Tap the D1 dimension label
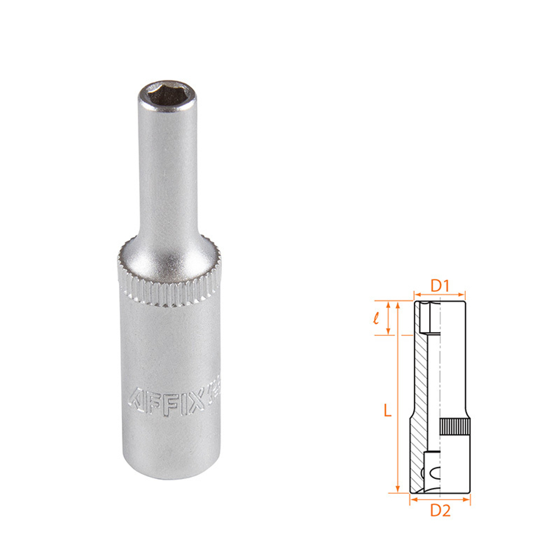440,286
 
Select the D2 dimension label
440,510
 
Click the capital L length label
387,411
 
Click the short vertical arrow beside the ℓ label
389,318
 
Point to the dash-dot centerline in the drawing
440,380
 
